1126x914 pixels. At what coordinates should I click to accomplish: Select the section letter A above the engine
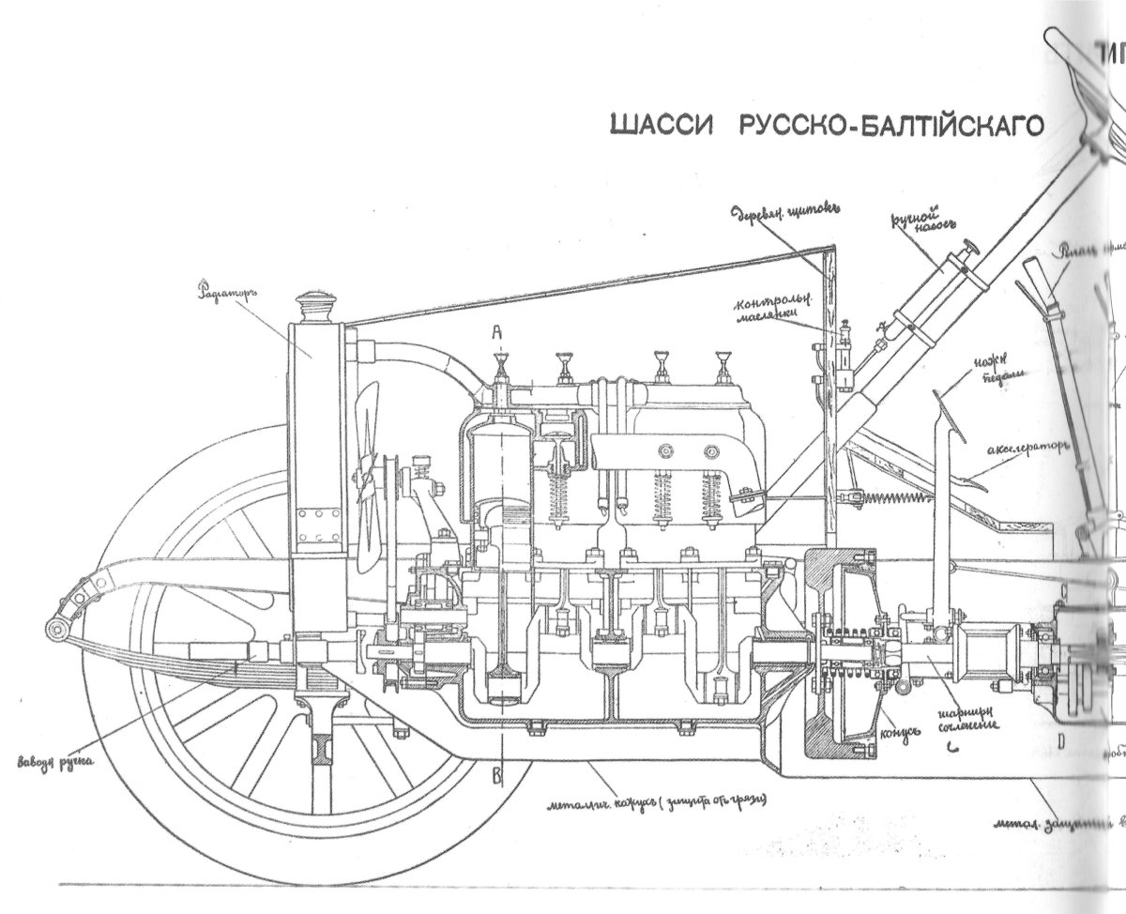coord(499,331)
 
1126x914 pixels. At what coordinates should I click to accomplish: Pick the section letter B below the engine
coord(499,774)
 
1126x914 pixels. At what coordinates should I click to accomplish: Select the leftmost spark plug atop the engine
coord(499,369)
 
